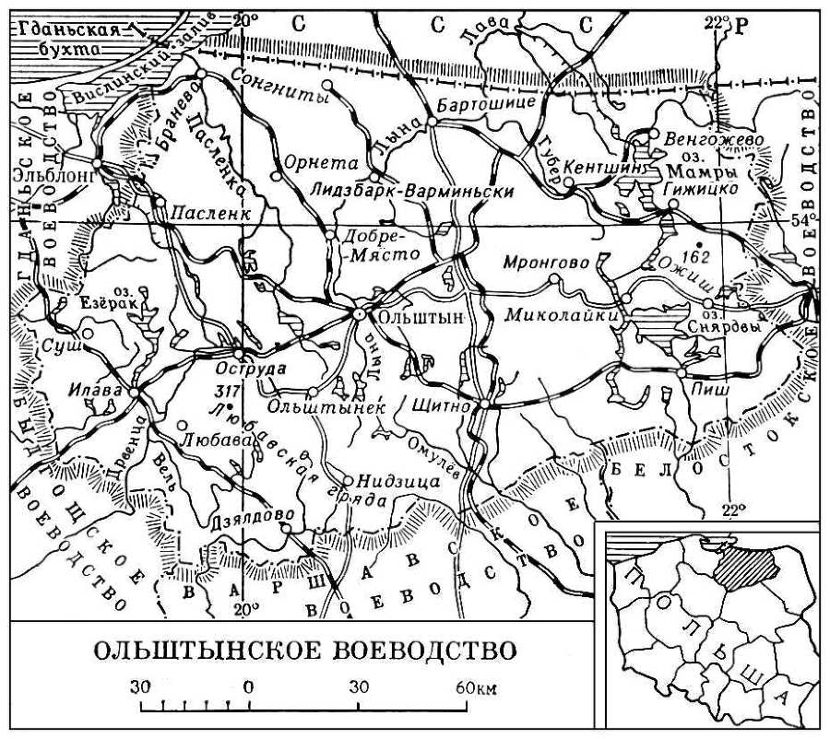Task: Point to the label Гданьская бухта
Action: [x=65, y=40]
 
